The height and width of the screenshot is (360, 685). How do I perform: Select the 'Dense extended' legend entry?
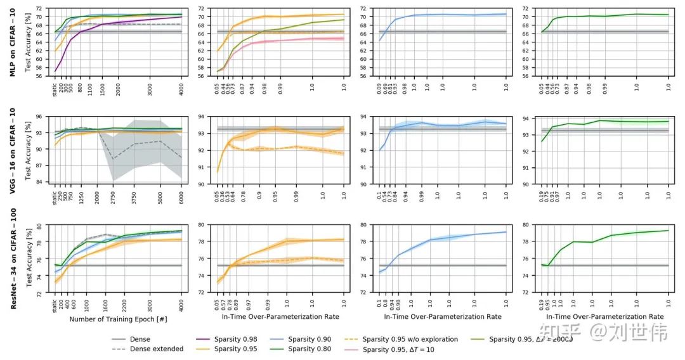pyautogui.click(x=157, y=349)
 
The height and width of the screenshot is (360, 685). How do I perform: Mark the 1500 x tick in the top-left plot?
pyautogui.click(x=101, y=85)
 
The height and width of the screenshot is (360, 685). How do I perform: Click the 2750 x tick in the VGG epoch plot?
pyautogui.click(x=113, y=193)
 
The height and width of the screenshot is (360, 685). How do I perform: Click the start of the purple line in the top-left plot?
pyautogui.click(x=56, y=70)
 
